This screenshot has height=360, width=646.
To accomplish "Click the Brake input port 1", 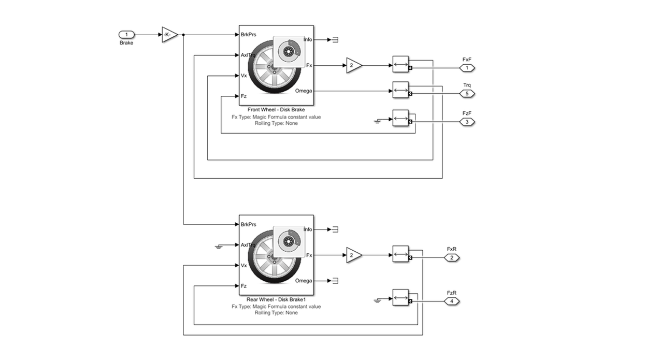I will click(126, 35).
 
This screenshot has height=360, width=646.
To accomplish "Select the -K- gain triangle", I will click(169, 35).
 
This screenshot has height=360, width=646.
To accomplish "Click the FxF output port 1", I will click(467, 68).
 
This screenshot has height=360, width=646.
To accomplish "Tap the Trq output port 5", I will click(467, 94).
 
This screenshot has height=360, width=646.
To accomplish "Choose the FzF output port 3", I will click(467, 122).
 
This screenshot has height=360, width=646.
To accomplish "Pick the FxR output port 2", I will click(451, 257).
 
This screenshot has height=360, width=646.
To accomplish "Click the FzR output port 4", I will click(451, 301).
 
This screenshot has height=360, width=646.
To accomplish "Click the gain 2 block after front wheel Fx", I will click(353, 66).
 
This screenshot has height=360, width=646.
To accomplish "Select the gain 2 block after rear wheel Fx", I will click(353, 255).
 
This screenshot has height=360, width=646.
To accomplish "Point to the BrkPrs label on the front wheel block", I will click(249, 35).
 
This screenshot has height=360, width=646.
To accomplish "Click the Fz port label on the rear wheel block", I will click(243, 286).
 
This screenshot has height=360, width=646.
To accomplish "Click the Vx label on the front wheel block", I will click(243, 76).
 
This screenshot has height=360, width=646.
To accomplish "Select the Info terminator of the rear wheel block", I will click(335, 229).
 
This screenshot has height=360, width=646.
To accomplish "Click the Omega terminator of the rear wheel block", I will click(335, 281).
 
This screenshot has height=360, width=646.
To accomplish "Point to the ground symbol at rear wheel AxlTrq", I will click(219, 246).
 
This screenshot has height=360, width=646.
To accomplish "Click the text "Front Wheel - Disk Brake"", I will click(276, 110).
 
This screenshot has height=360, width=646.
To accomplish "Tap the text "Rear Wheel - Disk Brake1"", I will click(276, 299).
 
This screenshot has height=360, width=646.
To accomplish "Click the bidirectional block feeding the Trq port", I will click(400, 90).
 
